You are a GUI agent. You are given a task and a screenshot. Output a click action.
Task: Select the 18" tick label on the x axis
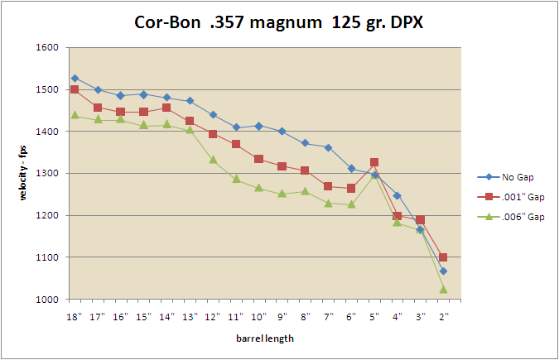point(75,316)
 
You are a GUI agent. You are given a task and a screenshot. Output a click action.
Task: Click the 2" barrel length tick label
point(444,316)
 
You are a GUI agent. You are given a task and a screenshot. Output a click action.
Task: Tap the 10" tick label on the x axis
point(259,316)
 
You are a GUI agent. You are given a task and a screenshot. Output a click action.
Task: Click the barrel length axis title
point(258,338)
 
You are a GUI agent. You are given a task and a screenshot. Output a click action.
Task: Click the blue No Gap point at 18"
point(75,79)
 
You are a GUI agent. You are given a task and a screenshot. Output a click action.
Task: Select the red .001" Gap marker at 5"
point(374,162)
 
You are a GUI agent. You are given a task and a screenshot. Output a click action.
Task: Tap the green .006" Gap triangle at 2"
point(444,289)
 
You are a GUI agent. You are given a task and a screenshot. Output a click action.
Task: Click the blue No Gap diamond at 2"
point(444,271)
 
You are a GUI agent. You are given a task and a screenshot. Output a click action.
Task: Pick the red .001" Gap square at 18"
point(75,89)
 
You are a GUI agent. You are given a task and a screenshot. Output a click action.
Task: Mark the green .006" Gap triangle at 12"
point(213,160)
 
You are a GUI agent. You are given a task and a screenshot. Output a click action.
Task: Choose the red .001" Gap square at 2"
point(444,257)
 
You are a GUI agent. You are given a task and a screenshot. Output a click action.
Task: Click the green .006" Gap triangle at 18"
point(75,115)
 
